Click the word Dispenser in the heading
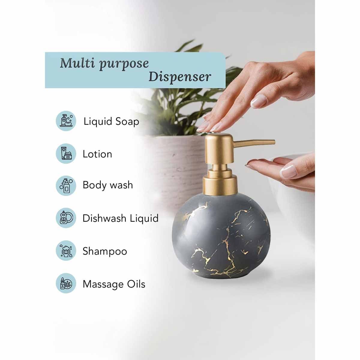tap(179, 77)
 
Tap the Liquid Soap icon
tap(66, 121)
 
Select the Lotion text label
tap(97, 154)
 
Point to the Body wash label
tap(107, 185)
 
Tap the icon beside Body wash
tap(66, 185)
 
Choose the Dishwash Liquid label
tap(120, 218)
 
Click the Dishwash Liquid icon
tap(66, 218)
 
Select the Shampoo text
tap(105, 251)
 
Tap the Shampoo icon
tap(66, 250)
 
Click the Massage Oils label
tap(114, 284)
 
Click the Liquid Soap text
tap(111, 121)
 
